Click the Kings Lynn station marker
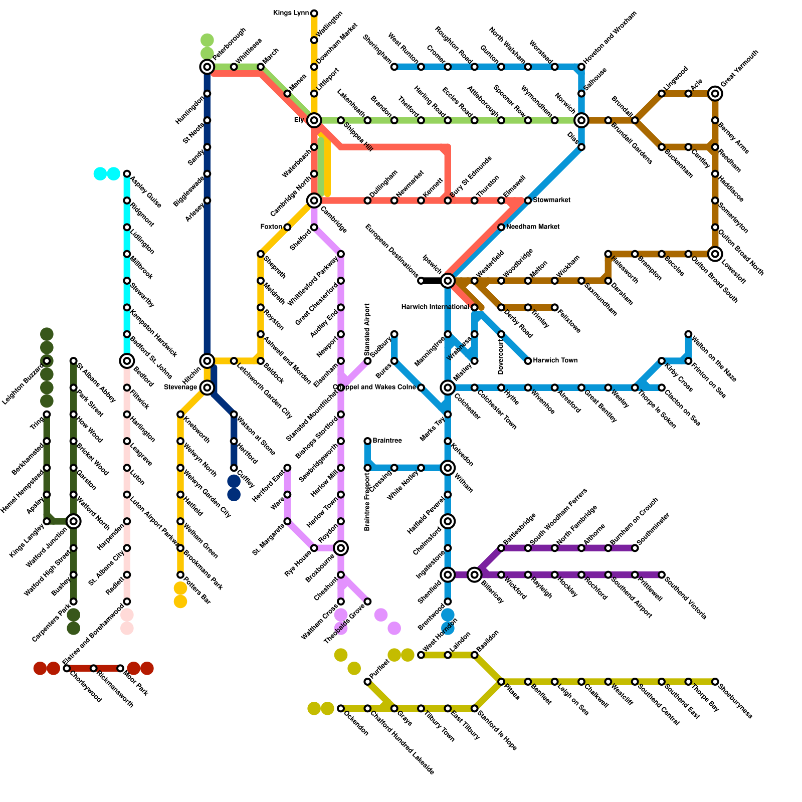314,13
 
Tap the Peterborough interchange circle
207,67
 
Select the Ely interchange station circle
314,120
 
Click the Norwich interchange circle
581,120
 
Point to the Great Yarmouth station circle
715,93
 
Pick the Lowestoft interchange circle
715,254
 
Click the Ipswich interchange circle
448,280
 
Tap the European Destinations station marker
421,281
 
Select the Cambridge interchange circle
314,200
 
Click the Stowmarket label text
551,200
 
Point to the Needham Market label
533,227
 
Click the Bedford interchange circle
127,360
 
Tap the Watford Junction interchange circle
74,521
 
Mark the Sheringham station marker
394,67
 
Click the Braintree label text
387,441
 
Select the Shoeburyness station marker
715,682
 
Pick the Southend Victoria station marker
662,574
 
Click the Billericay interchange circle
474,574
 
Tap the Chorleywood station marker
67,668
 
